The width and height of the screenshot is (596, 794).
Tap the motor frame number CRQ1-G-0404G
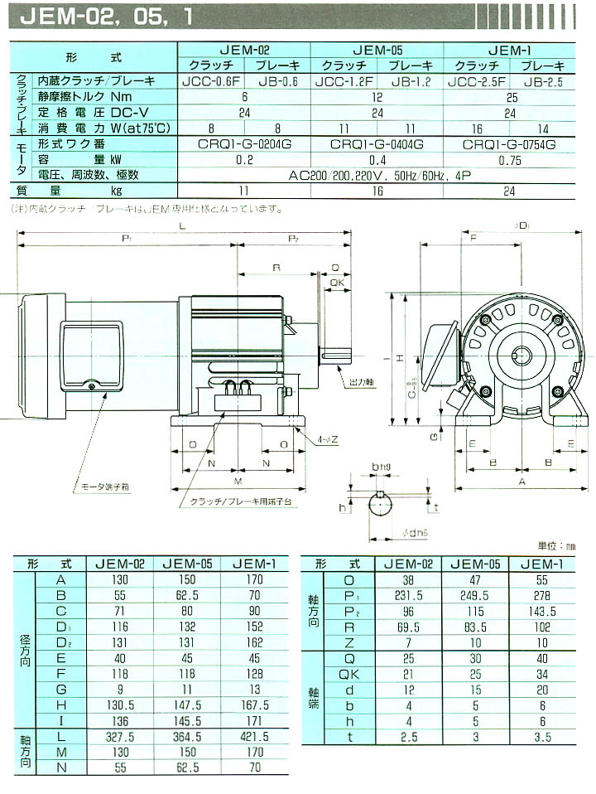click(377, 143)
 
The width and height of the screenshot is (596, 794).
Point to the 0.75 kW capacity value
click(510, 159)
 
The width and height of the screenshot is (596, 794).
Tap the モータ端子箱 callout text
click(100, 486)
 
